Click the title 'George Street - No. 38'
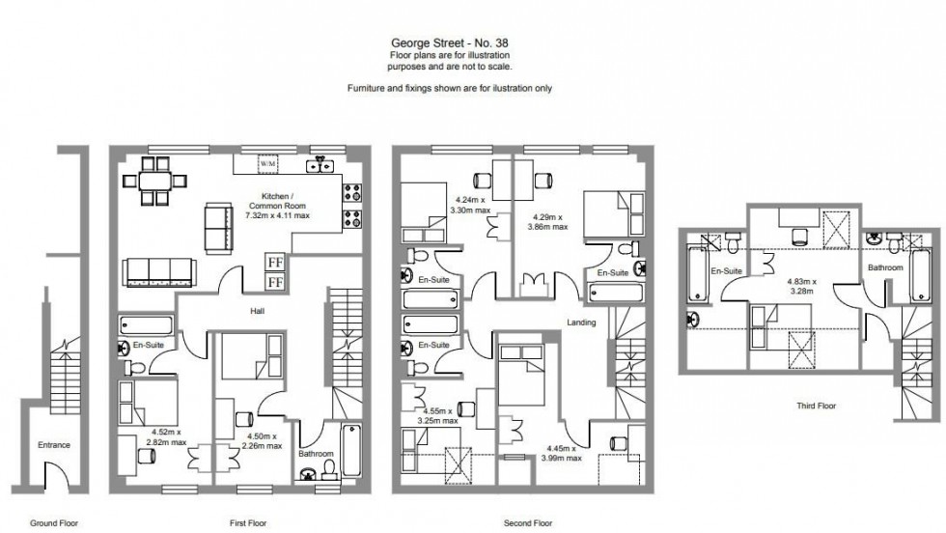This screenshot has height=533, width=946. pyautogui.click(x=449, y=43)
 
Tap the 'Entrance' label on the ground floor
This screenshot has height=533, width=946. pyautogui.click(x=54, y=445)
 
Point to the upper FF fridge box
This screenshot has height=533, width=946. pyautogui.click(x=274, y=262)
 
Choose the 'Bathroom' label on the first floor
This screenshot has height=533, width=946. pyautogui.click(x=316, y=453)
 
